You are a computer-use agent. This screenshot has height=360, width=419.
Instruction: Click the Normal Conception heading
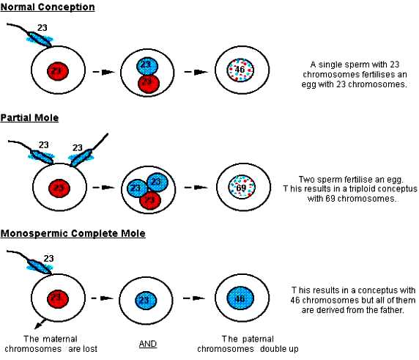(48, 7)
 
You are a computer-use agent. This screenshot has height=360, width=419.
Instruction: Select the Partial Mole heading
(29, 118)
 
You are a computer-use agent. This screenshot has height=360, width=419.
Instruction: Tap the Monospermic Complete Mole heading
(73, 233)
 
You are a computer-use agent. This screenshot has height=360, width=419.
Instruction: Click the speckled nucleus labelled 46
(240, 70)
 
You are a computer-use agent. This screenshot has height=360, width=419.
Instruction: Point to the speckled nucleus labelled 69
(242, 187)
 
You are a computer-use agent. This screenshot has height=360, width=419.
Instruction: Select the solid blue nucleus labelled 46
(240, 298)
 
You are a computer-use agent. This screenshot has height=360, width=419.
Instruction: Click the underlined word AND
(148, 344)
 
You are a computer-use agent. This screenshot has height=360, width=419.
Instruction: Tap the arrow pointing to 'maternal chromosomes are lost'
(40, 323)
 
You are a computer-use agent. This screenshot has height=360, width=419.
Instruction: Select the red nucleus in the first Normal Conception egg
(58, 71)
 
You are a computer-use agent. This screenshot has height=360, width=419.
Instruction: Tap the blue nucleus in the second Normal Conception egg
(147, 66)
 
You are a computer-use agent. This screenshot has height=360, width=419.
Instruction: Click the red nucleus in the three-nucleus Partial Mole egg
(150, 200)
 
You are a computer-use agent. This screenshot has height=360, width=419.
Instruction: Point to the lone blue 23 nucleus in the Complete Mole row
(146, 300)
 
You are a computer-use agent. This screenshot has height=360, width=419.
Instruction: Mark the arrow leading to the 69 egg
(196, 187)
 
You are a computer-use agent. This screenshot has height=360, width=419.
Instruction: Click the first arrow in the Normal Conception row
(104, 72)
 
